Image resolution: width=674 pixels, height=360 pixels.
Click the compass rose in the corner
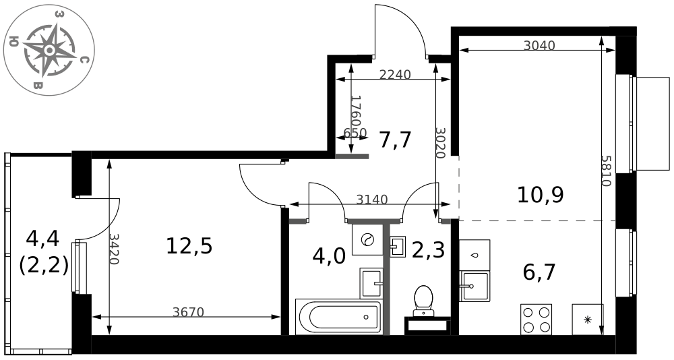click(49, 51)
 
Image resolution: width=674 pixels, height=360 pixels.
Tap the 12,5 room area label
click(189, 246)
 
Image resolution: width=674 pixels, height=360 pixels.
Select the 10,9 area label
click(541, 195)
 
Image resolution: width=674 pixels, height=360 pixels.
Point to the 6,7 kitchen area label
click(539, 272)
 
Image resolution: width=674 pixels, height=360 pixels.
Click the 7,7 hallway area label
click(395, 140)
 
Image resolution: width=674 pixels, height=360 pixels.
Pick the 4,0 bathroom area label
click(329, 257)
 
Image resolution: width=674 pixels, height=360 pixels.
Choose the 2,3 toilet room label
click(428, 250)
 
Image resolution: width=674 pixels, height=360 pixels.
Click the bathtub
click(338, 318)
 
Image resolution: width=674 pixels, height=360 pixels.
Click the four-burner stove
click(536, 319)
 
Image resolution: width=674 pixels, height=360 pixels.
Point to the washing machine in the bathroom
click(367, 239)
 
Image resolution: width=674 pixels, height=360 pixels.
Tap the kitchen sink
click(474, 286)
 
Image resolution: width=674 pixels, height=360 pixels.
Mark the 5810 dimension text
click(606, 171)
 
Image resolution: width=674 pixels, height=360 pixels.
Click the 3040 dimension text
click(539, 45)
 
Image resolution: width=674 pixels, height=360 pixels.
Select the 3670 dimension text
click(188, 312)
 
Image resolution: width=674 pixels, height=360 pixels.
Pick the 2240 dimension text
click(395, 75)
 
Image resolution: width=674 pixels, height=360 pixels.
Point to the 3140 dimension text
click(372, 200)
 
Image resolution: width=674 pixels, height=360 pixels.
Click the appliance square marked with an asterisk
click(588, 320)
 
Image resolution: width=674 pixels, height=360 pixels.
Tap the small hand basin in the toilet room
click(398, 247)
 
